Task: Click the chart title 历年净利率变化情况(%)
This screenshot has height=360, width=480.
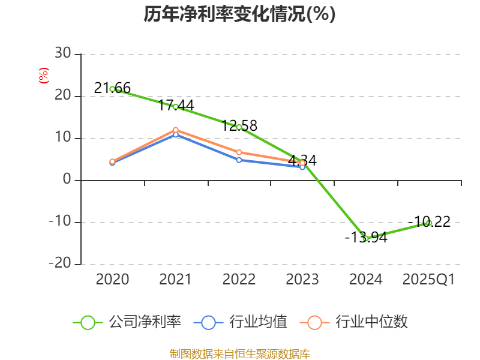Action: (239, 14)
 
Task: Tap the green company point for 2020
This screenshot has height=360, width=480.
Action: (112, 89)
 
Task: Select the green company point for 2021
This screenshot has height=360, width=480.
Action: (175, 107)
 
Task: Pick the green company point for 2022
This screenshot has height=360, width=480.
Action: (239, 127)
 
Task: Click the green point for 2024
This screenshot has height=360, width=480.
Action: (365, 239)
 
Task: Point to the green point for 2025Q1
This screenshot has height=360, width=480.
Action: (429, 223)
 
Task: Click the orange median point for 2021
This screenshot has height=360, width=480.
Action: (176, 130)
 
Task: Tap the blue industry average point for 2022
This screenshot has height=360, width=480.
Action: (239, 160)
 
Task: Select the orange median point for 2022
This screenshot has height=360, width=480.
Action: (239, 152)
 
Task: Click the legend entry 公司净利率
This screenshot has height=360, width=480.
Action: (127, 322)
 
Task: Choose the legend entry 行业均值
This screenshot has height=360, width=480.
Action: (241, 322)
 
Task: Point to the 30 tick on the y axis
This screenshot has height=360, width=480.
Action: (62, 54)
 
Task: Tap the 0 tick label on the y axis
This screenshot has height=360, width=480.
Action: (67, 180)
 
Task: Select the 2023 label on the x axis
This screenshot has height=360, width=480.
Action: (302, 280)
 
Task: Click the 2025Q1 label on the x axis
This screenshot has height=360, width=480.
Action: (428, 280)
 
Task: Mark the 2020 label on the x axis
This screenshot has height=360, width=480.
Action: (112, 280)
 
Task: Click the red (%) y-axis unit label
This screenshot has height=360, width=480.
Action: (43, 76)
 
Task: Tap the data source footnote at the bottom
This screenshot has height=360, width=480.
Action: (239, 353)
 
